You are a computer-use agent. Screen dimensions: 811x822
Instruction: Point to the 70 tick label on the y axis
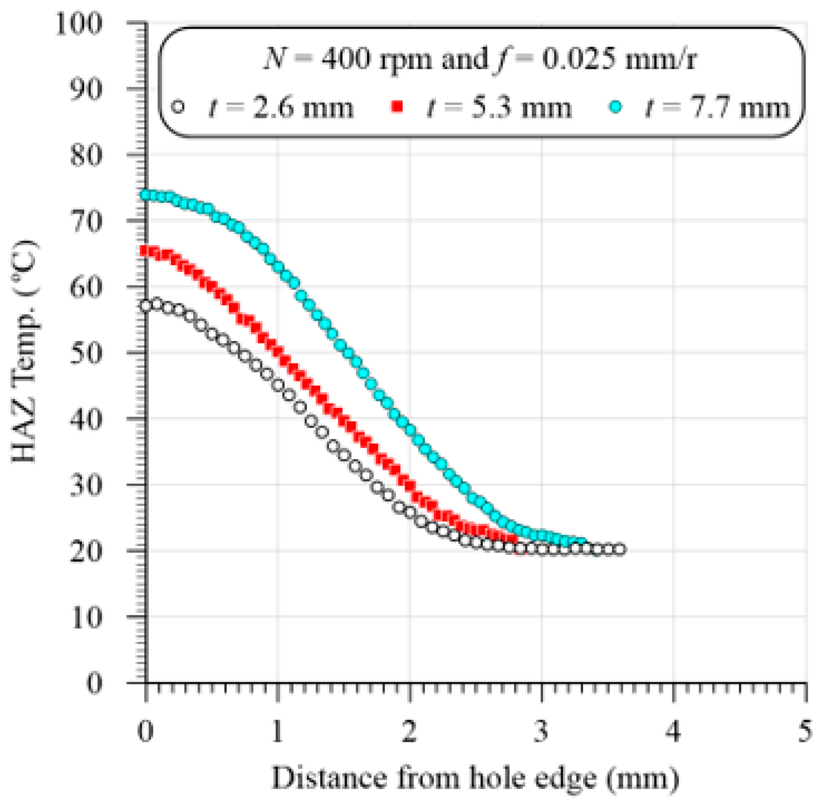[x=86, y=221]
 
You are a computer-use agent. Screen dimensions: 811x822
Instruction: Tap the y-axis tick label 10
[x=86, y=618]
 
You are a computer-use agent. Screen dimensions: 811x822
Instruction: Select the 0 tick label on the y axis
[x=94, y=683]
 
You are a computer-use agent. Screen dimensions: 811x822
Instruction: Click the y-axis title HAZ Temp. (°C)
[x=24, y=352]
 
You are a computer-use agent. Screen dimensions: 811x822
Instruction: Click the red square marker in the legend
[x=397, y=107]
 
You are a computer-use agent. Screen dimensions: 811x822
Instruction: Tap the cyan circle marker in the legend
[x=616, y=107]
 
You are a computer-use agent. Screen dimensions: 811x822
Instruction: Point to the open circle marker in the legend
[x=178, y=107]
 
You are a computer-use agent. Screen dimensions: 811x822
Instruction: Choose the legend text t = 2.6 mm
[x=281, y=108]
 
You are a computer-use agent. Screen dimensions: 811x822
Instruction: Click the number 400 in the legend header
[x=346, y=59]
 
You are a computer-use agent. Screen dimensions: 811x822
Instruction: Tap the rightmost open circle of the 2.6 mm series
[x=619, y=549]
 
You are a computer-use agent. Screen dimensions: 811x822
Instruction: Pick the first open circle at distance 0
[x=146, y=306]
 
